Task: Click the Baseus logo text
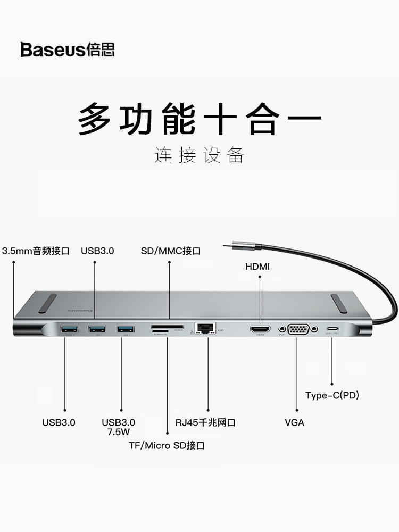tap(68, 50)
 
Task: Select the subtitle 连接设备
tap(199, 155)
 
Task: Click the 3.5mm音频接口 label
tap(36, 251)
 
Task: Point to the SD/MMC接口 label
tap(171, 251)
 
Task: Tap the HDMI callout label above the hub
tap(257, 267)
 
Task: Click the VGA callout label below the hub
tap(294, 422)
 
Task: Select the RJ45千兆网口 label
tap(205, 423)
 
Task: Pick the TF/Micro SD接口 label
tap(166, 445)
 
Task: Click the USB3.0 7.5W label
tap(119, 427)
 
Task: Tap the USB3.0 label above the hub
tap(97, 251)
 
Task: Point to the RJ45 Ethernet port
tap(205, 328)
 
